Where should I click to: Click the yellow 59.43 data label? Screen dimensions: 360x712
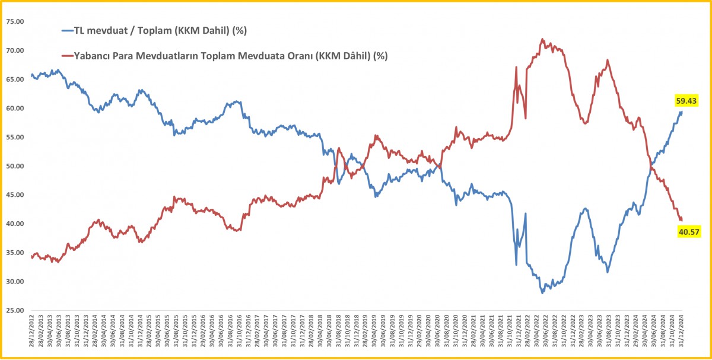[x=686, y=100]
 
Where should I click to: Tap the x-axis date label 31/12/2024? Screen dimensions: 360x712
[x=681, y=334]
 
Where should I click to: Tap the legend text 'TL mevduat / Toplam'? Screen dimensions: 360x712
[x=119, y=30]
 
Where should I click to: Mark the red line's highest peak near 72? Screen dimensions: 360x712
[x=542, y=40]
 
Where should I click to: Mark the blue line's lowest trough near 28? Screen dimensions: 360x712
[x=542, y=292]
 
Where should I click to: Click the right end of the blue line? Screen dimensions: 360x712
[x=682, y=111]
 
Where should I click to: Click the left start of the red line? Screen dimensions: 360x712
[x=31, y=256]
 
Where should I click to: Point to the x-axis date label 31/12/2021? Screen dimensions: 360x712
[x=519, y=334]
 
